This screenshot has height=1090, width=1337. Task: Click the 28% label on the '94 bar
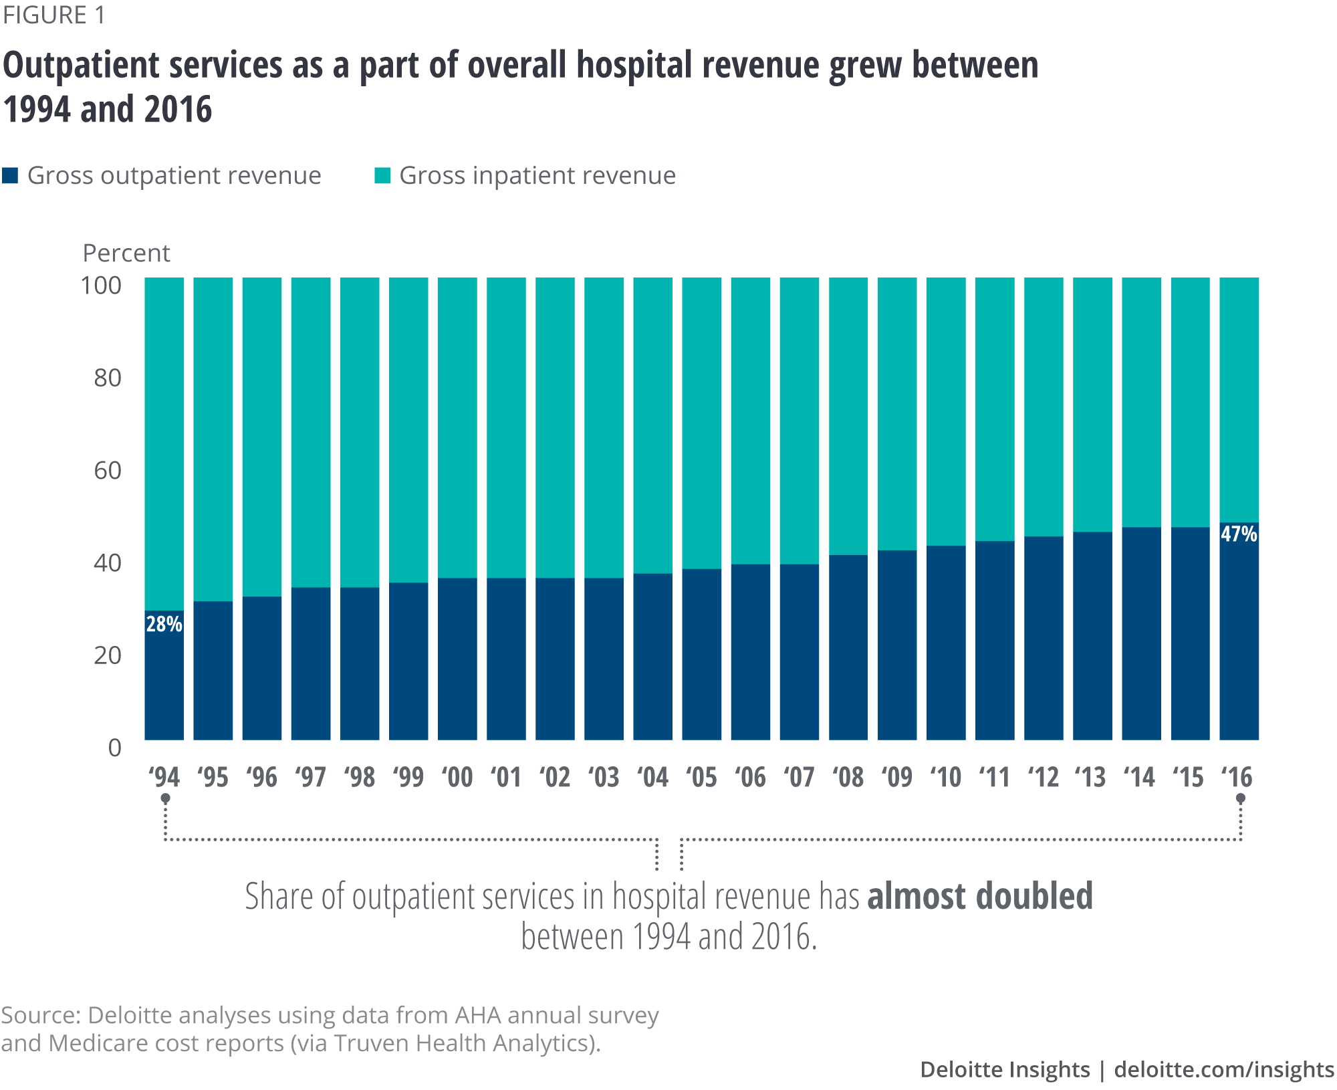point(164,624)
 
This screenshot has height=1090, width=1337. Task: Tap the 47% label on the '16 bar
point(1239,534)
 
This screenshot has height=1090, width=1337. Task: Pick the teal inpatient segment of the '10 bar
point(945,411)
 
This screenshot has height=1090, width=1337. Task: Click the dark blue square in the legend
point(10,176)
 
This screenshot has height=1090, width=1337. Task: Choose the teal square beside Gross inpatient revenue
point(382,176)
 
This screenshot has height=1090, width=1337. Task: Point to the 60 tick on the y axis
point(107,470)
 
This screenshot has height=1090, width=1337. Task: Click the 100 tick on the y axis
point(101,286)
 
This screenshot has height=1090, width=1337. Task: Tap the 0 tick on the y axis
point(114,748)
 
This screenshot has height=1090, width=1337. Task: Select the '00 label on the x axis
point(457,777)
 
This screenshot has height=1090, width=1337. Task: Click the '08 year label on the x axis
point(848,777)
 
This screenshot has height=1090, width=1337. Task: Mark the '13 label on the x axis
point(1091,777)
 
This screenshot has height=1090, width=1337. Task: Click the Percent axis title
point(126,253)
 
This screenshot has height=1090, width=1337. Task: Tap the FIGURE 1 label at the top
point(53,15)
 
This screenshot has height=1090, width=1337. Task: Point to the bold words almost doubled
point(979,896)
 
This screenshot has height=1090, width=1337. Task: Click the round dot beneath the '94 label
point(165,798)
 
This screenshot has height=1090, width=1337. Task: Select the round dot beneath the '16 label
point(1241,798)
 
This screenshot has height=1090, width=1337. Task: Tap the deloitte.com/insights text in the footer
point(1223,1069)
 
